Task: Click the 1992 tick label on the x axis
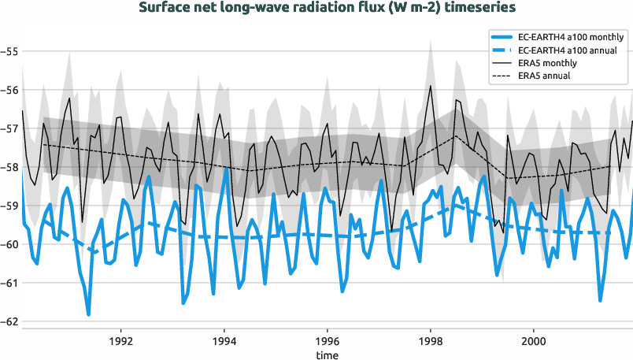pos(120,342)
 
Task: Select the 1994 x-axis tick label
pos(224,342)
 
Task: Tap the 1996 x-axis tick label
pos(328,342)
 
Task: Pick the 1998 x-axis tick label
pos(431,342)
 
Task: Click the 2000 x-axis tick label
pos(534,342)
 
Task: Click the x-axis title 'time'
pos(328,354)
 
